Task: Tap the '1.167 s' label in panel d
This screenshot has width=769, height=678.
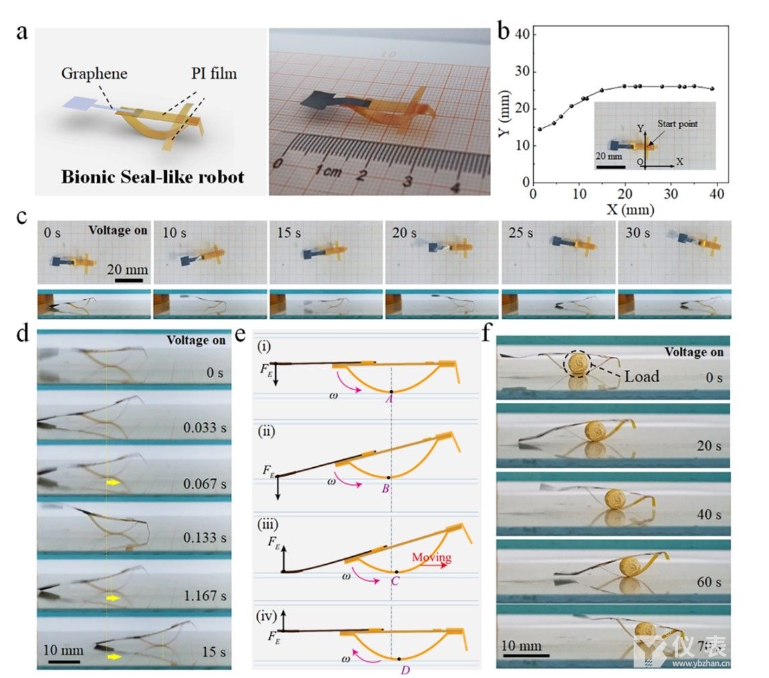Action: pos(205,580)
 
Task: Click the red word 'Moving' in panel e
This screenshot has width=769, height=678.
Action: pos(431,558)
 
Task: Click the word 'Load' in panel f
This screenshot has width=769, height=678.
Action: pos(642,377)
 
